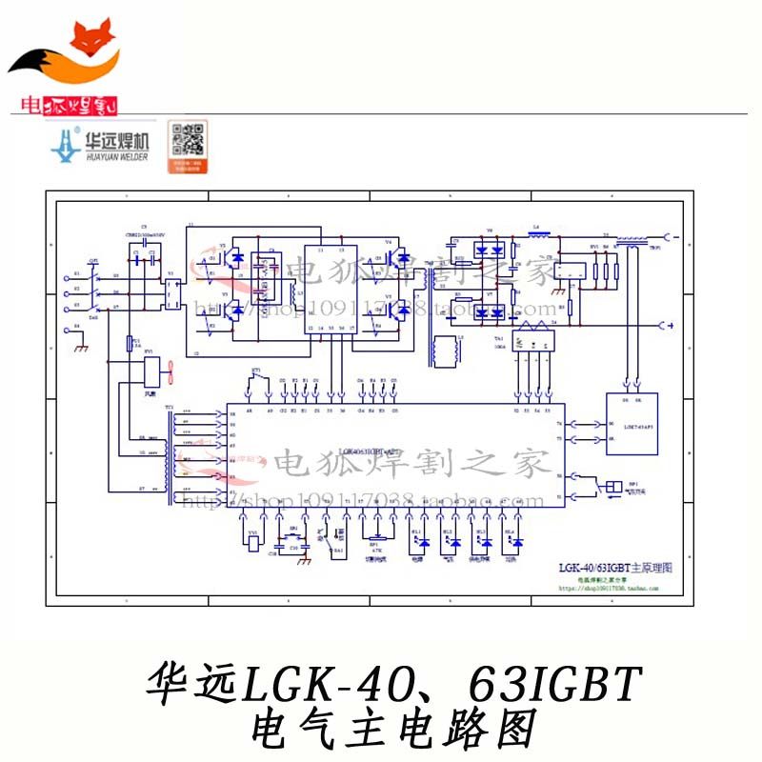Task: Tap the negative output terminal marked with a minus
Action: pos(672,327)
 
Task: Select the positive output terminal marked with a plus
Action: pos(672,235)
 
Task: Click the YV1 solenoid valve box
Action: pos(251,544)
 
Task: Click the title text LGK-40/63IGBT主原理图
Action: pos(615,567)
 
